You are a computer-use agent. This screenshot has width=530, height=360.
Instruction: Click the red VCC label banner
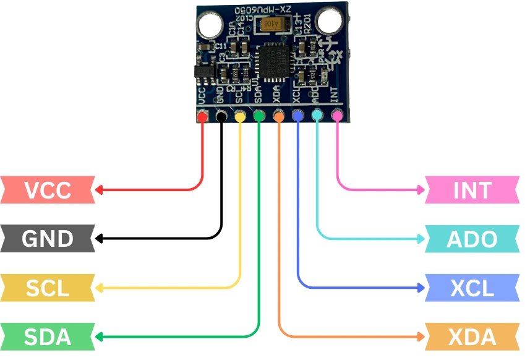(x=48, y=190)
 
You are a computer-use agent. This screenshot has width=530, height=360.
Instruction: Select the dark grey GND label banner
(x=48, y=239)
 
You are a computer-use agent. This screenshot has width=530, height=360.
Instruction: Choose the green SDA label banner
(x=48, y=337)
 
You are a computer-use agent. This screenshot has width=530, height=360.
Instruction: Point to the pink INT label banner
(x=472, y=190)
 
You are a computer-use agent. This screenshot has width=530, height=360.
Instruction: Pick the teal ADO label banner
(x=472, y=239)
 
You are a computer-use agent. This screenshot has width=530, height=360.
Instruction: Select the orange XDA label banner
(x=472, y=337)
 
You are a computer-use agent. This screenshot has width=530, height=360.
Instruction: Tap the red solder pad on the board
(x=202, y=116)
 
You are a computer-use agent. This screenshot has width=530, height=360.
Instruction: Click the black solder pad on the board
(x=221, y=116)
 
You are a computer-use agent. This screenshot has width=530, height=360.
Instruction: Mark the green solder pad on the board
(x=259, y=116)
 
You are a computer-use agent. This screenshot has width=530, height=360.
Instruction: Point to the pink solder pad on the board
(x=337, y=115)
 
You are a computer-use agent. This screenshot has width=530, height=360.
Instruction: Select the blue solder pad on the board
(x=298, y=115)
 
